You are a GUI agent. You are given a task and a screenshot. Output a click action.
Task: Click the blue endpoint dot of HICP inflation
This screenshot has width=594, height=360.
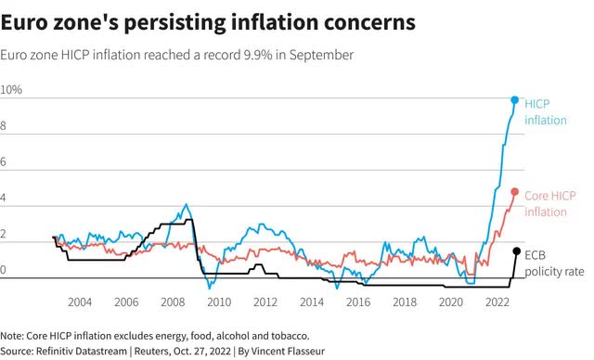coord(514,100)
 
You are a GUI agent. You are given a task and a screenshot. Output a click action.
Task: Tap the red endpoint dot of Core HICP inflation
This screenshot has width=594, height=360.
coord(514,192)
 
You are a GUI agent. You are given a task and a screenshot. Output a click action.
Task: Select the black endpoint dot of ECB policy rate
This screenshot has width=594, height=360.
coord(516,251)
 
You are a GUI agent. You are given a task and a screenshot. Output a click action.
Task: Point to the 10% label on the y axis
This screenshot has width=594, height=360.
coord(11,90)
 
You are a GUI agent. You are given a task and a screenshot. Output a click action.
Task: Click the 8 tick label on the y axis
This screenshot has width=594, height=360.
coord(3,125)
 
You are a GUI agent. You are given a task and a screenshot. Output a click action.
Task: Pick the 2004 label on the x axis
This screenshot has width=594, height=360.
coord(80,302)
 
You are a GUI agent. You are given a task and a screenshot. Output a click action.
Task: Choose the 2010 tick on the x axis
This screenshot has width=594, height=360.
coord(219,302)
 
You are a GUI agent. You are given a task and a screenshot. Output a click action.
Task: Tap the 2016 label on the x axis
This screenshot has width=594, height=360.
coord(358,302)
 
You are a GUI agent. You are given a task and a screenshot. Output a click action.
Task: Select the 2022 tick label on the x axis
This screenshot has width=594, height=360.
coord(497,302)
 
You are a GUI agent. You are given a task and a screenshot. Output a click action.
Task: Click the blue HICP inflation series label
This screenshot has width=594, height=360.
coord(546,112)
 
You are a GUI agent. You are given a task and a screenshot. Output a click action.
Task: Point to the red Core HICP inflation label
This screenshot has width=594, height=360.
coord(550,203)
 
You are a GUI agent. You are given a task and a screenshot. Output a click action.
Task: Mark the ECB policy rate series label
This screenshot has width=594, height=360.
coord(554,264)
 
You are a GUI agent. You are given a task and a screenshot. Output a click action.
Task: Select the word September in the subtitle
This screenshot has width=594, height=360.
coord(322,56)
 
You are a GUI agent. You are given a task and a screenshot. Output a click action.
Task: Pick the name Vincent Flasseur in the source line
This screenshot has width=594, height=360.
coord(288,351)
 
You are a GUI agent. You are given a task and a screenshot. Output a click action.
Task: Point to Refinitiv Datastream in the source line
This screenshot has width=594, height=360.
coord(82,351)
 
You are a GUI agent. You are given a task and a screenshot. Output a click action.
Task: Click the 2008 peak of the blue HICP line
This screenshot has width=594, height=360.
coord(186,204)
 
